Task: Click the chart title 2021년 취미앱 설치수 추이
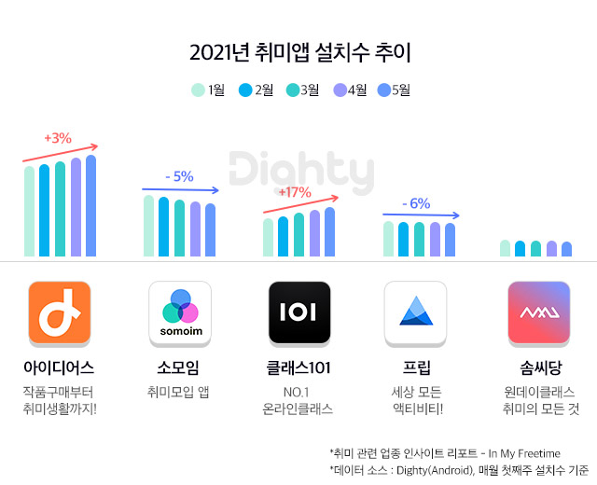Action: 298,52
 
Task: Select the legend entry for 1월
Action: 208,90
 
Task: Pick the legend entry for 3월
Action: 303,90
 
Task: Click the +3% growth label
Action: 58,138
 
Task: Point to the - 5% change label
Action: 178,176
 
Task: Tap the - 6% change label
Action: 415,203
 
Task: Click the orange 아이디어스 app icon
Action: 60,312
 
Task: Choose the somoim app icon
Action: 180,312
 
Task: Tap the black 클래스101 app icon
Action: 299,312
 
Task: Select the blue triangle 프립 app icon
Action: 416,312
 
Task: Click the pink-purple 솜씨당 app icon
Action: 539,312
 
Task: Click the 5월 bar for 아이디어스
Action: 90,205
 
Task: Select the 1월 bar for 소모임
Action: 148,226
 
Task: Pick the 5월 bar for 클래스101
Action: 329,231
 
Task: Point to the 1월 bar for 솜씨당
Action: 506,248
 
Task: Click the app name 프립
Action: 416,367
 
